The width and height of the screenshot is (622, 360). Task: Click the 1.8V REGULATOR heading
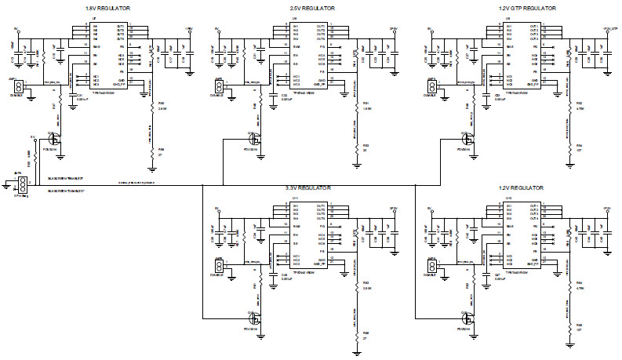(107, 7)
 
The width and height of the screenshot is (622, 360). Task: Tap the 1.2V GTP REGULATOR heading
(526, 7)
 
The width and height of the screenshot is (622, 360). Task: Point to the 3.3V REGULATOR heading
(307, 188)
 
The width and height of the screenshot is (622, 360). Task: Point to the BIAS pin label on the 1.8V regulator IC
(96, 47)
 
